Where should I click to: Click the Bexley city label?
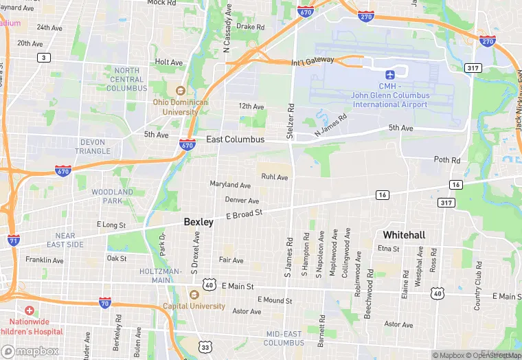pos(199,222)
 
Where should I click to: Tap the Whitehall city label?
pos(403,235)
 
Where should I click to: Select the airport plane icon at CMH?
pos(391,74)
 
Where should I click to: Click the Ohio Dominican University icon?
pos(180,91)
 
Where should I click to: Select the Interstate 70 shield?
pos(104,303)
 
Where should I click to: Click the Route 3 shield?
pos(45,58)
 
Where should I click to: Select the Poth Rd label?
pos(447,160)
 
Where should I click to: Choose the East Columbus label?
pos(235,139)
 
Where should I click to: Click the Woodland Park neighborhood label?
pos(112,196)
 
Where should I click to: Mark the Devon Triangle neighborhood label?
pos(92,146)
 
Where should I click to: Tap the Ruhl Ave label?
pos(274,177)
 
